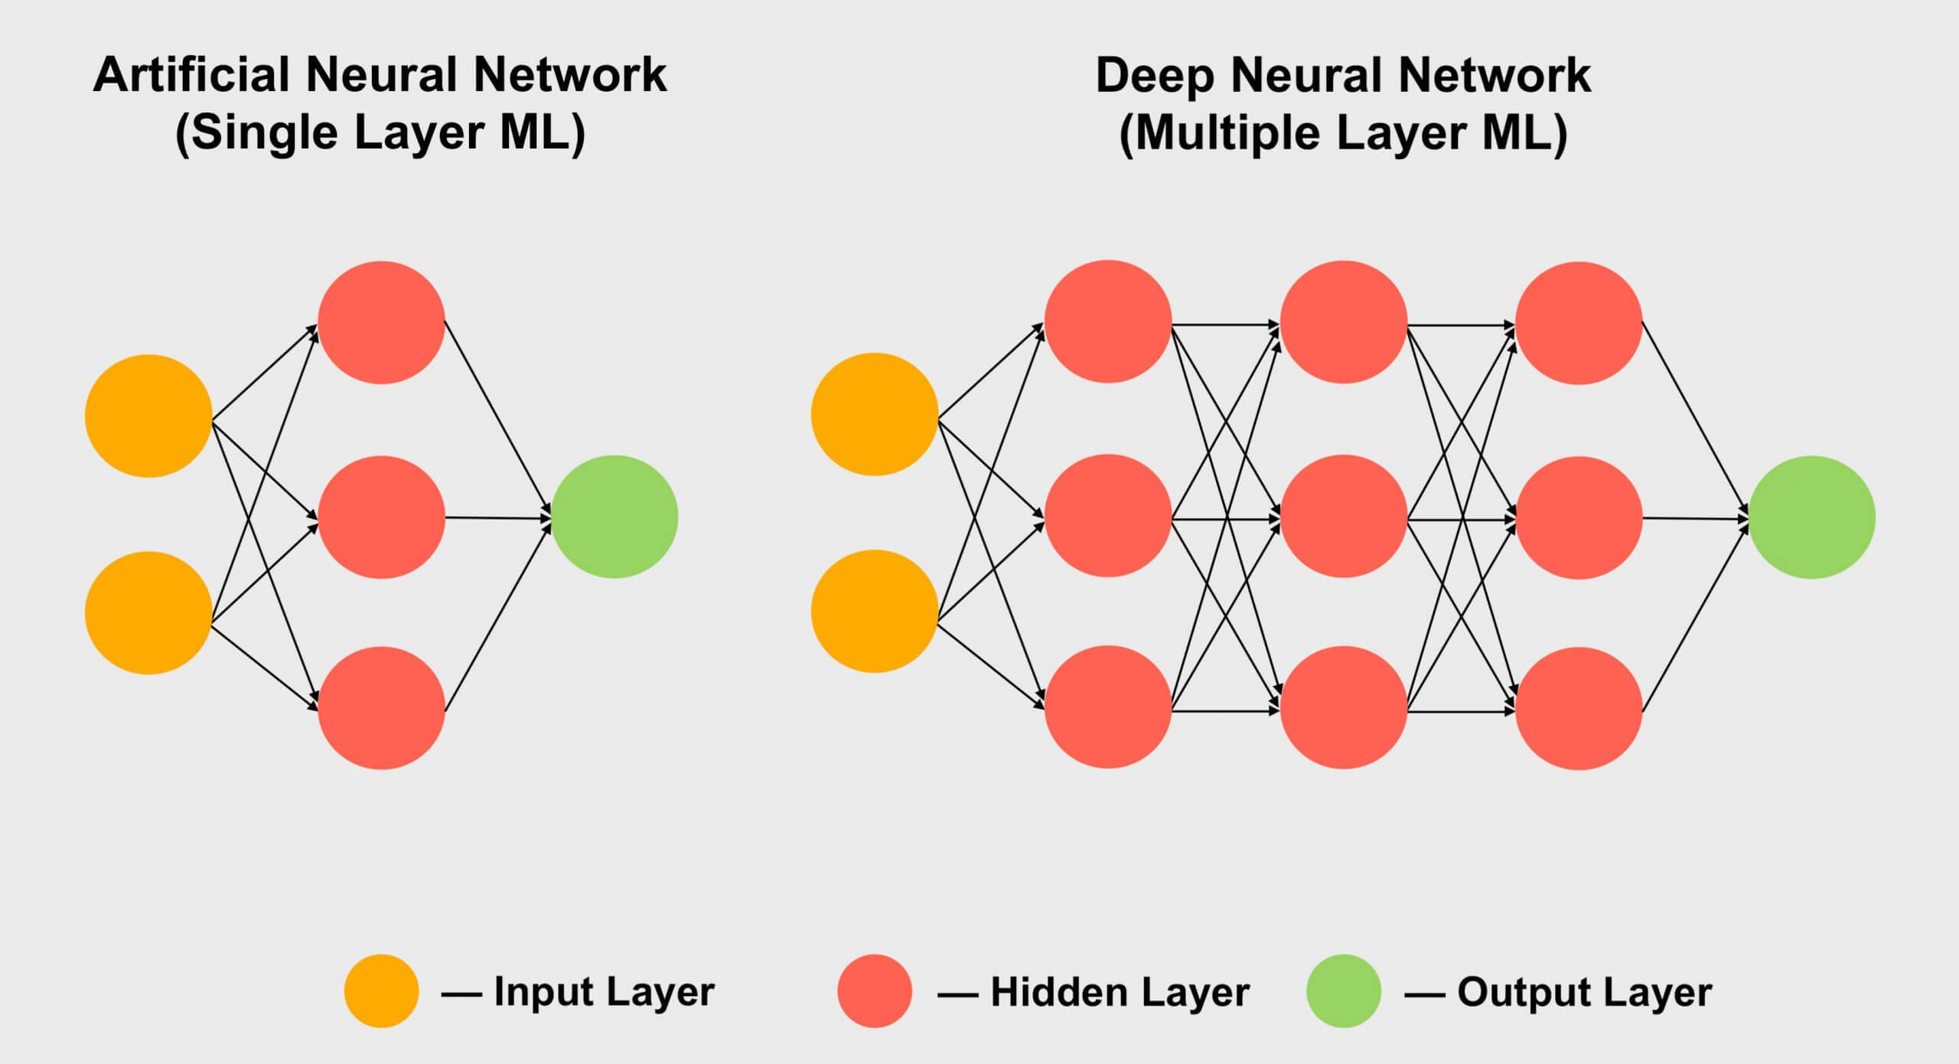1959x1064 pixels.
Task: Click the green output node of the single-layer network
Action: click(614, 517)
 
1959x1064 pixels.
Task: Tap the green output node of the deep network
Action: click(1811, 517)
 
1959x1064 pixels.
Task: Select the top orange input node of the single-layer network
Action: click(148, 416)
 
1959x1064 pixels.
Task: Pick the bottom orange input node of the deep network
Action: click(874, 611)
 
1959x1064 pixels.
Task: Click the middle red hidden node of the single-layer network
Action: click(381, 517)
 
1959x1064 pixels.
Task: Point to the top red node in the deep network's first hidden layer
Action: click(1107, 321)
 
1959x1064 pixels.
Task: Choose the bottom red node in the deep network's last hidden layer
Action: click(1579, 708)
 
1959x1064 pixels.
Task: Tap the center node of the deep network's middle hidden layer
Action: click(1343, 517)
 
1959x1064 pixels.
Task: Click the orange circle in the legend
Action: click(381, 991)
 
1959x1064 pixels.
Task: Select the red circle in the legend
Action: click(875, 991)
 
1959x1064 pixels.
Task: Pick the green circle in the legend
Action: click(1343, 991)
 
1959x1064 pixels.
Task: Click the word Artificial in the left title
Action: click(191, 75)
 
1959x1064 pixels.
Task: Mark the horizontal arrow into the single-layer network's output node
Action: click(497, 518)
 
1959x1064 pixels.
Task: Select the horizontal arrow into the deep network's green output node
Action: click(1695, 519)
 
